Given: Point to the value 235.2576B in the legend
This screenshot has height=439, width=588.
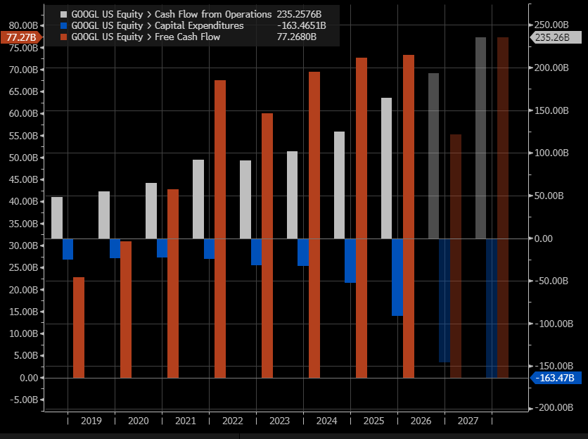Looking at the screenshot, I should (x=302, y=14).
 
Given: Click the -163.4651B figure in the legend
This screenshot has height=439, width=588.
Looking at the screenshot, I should (x=301, y=25).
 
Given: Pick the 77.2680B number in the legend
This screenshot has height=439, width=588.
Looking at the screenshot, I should (x=307, y=37).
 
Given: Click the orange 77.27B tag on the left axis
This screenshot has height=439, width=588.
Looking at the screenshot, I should (x=21, y=37).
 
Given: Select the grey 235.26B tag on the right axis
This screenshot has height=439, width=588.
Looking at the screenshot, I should (x=552, y=37).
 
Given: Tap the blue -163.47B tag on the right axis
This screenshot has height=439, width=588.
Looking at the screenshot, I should (x=554, y=378).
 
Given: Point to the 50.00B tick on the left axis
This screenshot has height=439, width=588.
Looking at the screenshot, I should (x=24, y=158).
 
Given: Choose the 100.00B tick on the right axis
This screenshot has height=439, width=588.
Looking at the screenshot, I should (x=551, y=153).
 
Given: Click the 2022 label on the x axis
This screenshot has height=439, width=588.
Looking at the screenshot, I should (x=232, y=421).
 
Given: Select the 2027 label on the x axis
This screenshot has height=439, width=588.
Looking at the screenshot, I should (x=468, y=421).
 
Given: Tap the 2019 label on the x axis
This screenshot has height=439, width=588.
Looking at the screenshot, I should (x=91, y=421).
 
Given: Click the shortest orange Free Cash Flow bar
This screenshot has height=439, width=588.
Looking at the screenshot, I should (x=79, y=327).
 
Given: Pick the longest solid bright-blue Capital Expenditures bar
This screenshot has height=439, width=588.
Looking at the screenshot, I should (x=397, y=277).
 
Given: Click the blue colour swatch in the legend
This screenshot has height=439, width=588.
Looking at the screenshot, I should (x=65, y=25).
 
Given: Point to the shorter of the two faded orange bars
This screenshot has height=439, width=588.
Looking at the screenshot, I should (x=456, y=256).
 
